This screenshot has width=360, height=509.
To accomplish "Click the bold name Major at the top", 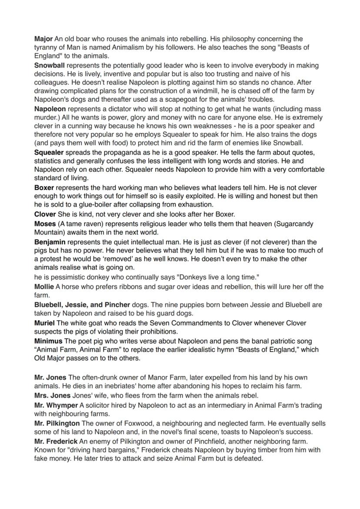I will click(x=43, y=39).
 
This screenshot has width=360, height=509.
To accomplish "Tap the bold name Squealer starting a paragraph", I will click(x=49, y=153).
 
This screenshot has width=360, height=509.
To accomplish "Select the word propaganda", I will click(x=111, y=153).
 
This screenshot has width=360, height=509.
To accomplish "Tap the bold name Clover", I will click(x=45, y=214).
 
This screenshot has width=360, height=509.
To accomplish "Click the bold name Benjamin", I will click(x=50, y=242).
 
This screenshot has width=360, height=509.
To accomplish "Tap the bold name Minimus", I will click(x=48, y=341).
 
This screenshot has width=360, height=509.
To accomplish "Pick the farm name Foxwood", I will click(x=138, y=423).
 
